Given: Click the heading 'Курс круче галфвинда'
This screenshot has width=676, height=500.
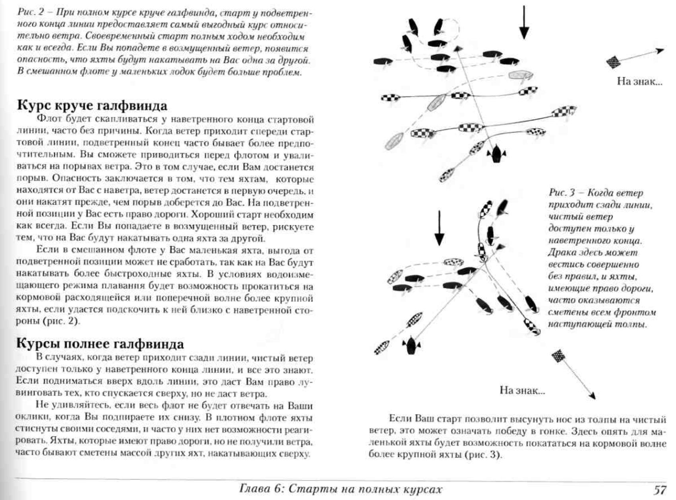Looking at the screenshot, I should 92,106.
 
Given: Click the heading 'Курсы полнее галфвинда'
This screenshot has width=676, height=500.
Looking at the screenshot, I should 100,344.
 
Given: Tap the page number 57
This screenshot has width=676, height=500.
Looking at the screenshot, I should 660,490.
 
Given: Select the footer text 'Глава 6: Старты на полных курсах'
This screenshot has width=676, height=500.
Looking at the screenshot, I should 341,489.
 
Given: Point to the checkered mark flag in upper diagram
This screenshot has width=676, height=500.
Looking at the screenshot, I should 613,62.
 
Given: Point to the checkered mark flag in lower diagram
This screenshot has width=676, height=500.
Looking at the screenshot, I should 559,356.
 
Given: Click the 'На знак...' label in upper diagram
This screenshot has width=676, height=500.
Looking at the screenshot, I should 639,81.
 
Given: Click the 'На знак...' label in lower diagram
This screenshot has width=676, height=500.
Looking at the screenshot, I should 522,390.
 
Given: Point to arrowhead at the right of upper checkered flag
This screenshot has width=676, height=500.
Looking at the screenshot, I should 661,50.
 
